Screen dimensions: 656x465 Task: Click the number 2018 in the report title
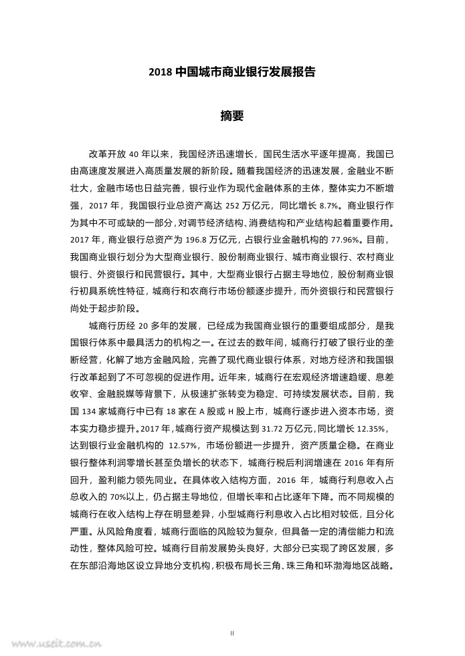click(x=161, y=71)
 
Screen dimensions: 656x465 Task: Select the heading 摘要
click(x=232, y=116)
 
